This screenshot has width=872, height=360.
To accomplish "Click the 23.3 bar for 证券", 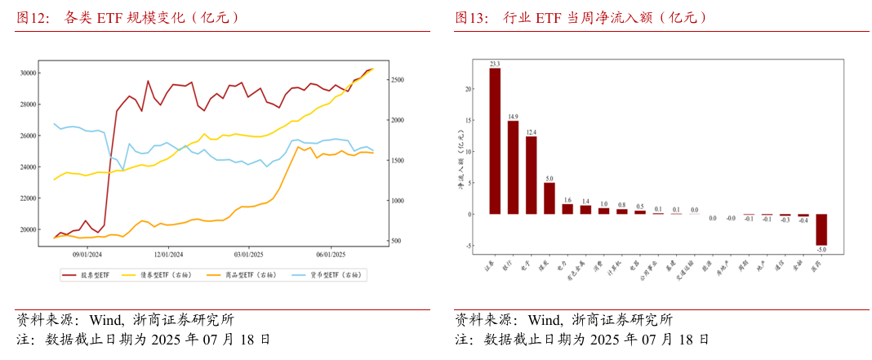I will [495, 140].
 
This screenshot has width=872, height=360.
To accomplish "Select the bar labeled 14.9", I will [513, 167].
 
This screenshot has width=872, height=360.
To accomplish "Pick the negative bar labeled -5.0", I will [821, 229].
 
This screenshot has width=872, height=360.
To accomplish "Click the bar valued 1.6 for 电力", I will [567, 209].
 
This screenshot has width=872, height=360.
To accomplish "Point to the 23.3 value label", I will [495, 63].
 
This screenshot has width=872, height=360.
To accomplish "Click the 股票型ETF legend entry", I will [91, 275].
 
